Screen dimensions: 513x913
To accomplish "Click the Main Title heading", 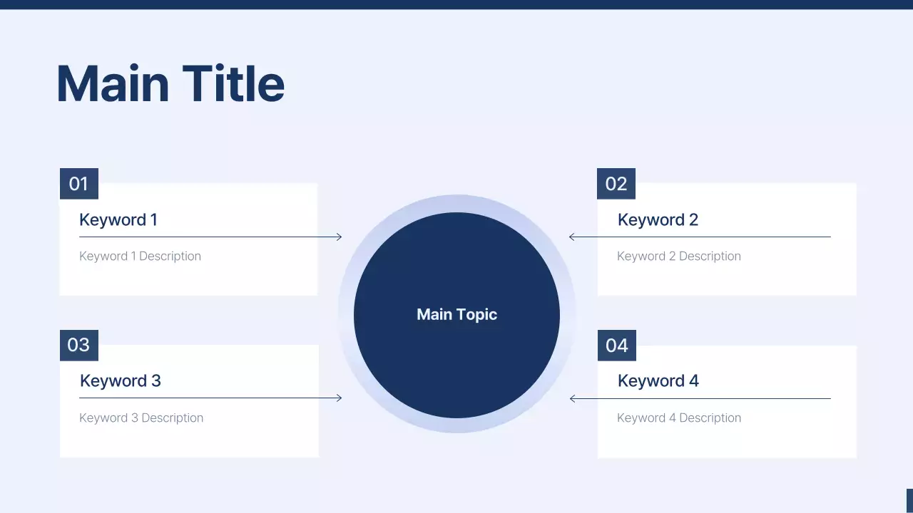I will [170, 84].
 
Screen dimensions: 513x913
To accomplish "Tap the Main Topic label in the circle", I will [456, 314].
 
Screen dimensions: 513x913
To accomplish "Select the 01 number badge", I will [78, 184].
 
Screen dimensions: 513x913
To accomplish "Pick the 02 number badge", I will [616, 184].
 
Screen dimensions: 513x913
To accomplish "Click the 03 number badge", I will [78, 346].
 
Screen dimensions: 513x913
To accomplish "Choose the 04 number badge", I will [616, 346].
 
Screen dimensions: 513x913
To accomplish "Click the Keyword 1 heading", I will [118, 219].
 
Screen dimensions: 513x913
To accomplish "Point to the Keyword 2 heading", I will [658, 219].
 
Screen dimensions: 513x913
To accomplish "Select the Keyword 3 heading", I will [121, 380].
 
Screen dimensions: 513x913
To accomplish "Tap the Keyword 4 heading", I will [658, 380].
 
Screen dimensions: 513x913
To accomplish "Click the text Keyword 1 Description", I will [140, 256].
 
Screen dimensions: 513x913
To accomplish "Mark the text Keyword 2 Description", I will [678, 256].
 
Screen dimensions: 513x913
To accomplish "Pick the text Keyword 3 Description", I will [141, 418].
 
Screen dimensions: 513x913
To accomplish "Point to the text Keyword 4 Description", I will [678, 418].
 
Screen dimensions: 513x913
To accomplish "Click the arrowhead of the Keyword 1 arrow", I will [339, 237].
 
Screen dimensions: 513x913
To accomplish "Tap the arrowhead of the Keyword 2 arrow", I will [572, 237].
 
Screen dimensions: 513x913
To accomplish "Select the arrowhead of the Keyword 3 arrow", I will [339, 398].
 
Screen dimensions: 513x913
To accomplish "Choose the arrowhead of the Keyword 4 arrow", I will [572, 398].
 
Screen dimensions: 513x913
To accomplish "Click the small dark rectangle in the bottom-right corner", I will [909, 500].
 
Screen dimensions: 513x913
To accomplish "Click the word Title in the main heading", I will [233, 84].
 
